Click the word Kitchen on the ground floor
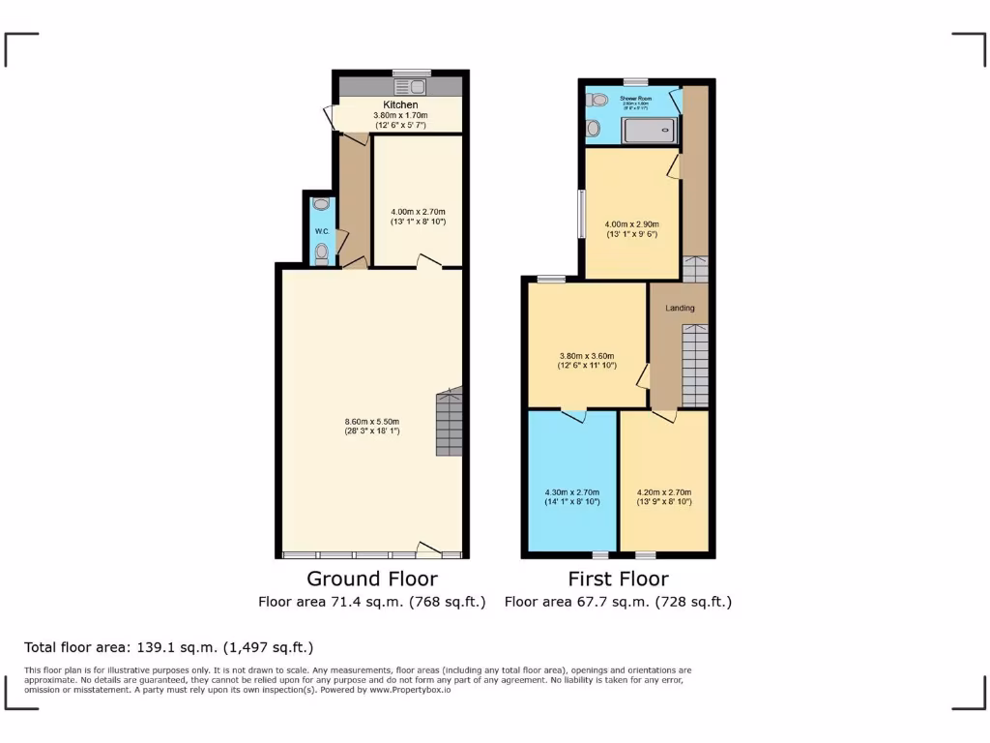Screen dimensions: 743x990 click(400, 104)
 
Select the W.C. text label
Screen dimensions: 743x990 click(322, 232)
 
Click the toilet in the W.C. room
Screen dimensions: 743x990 click(322, 253)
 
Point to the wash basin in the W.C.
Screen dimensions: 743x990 click(321, 205)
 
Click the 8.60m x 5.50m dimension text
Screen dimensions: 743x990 click(372, 421)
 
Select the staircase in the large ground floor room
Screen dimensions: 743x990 click(450, 423)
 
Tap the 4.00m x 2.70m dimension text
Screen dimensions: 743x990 click(418, 212)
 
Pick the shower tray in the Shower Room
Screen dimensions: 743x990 click(650, 130)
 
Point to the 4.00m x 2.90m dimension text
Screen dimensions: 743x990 click(632, 224)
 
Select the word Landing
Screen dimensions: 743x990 click(680, 309)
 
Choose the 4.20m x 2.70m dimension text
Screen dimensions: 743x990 click(664, 492)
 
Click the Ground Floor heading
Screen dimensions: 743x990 click(371, 579)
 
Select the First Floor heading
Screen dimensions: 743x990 click(618, 579)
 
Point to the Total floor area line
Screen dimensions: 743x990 click(168, 647)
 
